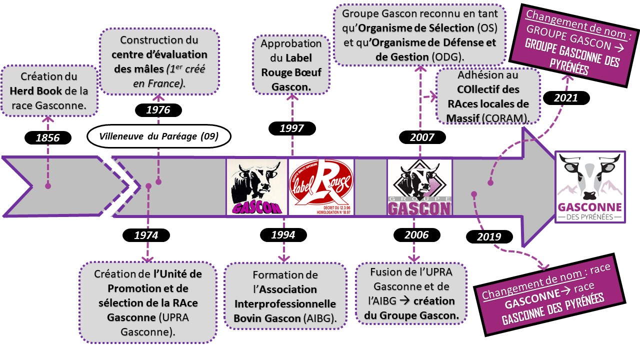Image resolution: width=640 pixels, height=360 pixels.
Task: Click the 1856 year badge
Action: pos(48,137)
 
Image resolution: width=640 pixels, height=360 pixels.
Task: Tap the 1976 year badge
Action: pos(159,110)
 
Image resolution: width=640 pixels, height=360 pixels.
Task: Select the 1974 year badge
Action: pos(146,235)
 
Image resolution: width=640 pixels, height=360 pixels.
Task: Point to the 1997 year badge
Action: pos(292,128)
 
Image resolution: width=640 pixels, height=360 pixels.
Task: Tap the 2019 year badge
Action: pos(489,236)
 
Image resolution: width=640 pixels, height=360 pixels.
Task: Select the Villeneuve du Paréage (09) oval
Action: pos(159,136)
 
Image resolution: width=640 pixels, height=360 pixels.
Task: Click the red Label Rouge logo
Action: pos(321,186)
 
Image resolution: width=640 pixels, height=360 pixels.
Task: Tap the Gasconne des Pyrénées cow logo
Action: pos(590,186)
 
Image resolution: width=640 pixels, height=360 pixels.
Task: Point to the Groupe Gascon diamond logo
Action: pos(419,186)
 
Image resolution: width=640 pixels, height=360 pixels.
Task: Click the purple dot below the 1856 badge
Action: pos(48,185)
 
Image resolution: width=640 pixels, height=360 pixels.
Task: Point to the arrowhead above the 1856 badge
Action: pos(48,119)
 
